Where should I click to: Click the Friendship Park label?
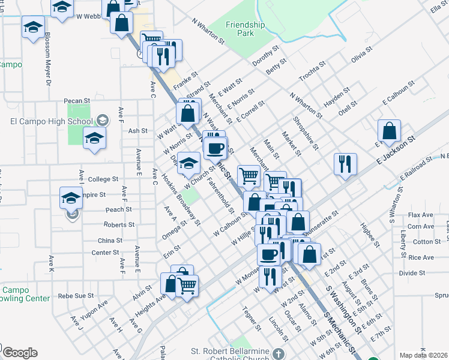245,29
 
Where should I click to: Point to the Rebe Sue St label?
76,296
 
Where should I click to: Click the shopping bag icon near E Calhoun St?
390,131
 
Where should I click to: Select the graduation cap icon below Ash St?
94,138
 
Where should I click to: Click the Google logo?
20,353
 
